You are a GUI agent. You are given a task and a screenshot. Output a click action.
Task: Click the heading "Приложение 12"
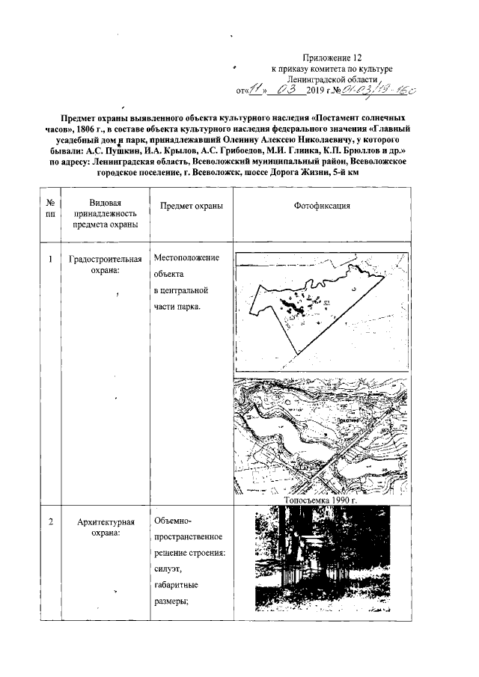pos(333,57)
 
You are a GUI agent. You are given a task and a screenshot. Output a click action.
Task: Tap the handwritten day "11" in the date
pos(256,91)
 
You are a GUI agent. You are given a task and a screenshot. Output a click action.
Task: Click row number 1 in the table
pos(49,260)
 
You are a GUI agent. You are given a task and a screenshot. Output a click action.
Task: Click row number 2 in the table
pos(49,521)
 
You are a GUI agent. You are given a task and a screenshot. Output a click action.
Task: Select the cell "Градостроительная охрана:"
pos(105,266)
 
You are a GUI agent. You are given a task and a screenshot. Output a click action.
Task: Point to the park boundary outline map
pos(323,310)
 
